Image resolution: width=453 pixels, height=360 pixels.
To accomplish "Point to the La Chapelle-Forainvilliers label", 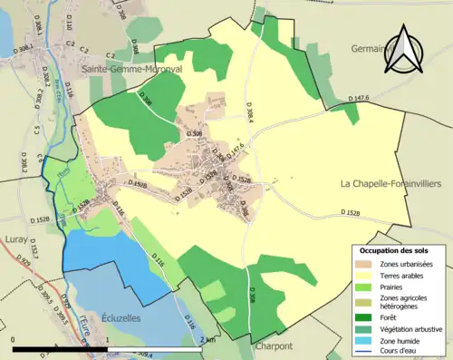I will tap(390, 183).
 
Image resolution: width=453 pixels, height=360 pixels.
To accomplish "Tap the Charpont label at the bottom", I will tap(273, 345).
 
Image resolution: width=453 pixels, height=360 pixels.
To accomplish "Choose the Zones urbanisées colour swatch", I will tap(366, 263).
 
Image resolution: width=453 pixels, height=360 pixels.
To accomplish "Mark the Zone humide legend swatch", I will tap(366, 340).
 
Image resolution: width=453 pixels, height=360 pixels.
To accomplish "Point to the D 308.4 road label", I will tap(248, 112).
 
